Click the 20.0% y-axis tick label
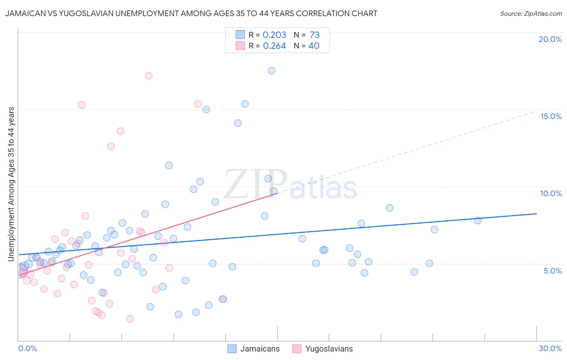[x=550, y=39]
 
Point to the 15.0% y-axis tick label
[x=551, y=116]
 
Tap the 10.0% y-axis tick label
[x=551, y=193]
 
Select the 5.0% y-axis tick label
[x=552, y=271]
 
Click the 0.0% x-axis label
[x=27, y=348]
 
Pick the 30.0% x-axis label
[x=550, y=348]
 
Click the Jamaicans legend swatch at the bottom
[x=232, y=349]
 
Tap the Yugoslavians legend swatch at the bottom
[x=297, y=349]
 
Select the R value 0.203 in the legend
[x=274, y=35]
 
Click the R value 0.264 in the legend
[x=274, y=46]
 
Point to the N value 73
[x=315, y=35]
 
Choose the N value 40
[x=314, y=46]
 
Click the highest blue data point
[x=272, y=71]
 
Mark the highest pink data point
[x=148, y=75]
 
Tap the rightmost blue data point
[x=478, y=220]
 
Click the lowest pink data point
[x=130, y=319]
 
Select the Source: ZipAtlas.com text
[x=531, y=14]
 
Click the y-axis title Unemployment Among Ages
[x=11, y=184]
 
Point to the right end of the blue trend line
[x=536, y=213]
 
